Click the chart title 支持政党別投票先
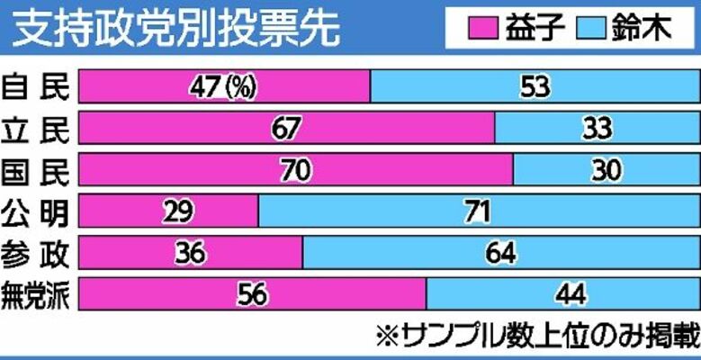coord(176,29)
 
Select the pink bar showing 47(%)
coord(225,87)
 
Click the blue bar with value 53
coord(535,87)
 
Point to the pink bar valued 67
coord(287,129)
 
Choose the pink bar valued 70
coord(296,169)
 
